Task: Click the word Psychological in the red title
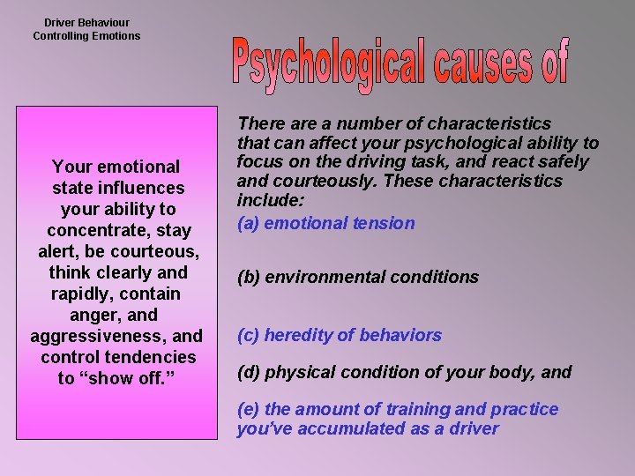point(335,65)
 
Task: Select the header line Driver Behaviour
point(86,22)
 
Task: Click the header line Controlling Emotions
point(86,36)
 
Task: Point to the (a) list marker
point(249,223)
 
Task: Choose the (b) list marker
point(249,277)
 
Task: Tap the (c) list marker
point(249,335)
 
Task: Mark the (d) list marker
point(249,372)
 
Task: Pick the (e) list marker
point(249,409)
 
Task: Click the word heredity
point(299,335)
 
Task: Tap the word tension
point(385,223)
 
